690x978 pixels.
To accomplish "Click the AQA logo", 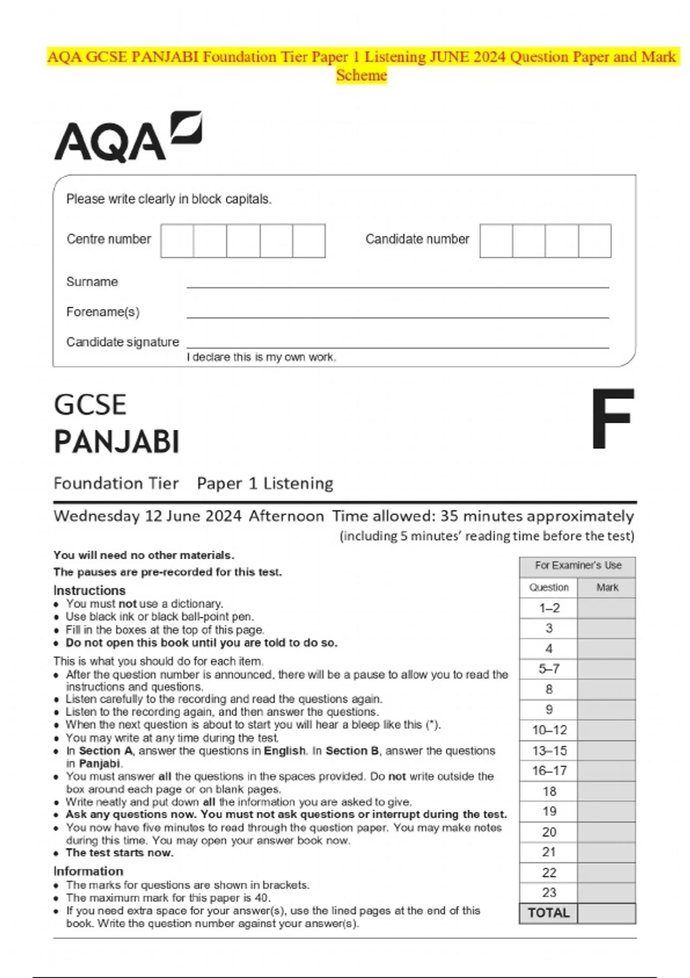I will click(x=128, y=138).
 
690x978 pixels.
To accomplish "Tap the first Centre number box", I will click(x=177, y=240).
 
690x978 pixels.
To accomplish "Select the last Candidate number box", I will click(x=595, y=240).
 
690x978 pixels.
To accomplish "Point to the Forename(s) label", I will click(x=103, y=312).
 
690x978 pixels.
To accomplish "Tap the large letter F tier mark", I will click(x=613, y=419).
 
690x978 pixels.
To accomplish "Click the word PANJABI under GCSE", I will click(x=117, y=442).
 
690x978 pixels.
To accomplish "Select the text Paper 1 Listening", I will click(x=265, y=483).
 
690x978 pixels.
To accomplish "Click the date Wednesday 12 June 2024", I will click(x=147, y=516).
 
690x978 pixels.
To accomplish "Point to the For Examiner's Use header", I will click(x=578, y=566).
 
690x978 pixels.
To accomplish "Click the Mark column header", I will click(x=607, y=587).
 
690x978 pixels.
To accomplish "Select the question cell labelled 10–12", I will click(x=549, y=730).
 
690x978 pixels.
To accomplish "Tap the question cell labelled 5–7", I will click(x=549, y=669).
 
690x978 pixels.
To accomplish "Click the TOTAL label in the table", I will click(x=549, y=913).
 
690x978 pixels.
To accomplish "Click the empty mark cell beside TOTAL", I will click(x=607, y=913).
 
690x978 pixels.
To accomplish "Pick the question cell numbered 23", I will click(x=549, y=892).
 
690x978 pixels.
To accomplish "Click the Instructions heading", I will click(x=89, y=590).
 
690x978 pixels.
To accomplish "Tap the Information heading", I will click(x=88, y=871).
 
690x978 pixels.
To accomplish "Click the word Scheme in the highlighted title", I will click(x=362, y=75).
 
